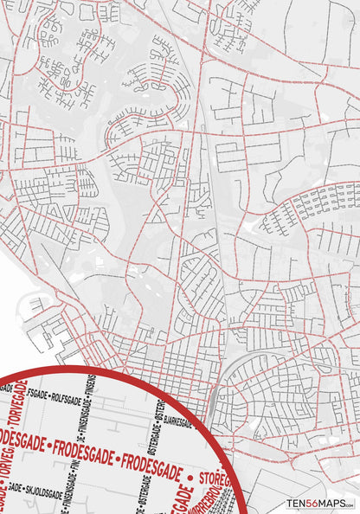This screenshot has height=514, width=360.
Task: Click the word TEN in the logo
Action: pyautogui.click(x=299, y=503)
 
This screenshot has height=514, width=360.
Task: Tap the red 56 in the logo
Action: pyautogui.click(x=315, y=503)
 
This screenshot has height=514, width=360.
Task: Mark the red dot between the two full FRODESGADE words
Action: pyautogui.click(x=114, y=455)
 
